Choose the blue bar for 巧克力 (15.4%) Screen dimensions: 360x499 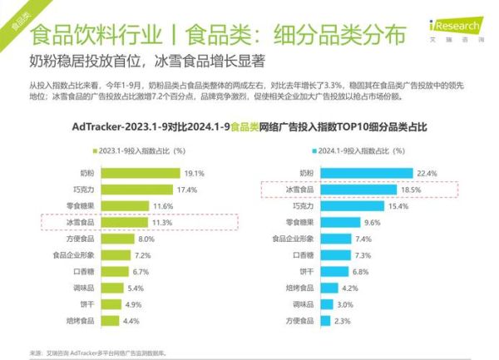[x=353, y=205]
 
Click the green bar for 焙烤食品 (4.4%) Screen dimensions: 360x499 [x=113, y=320]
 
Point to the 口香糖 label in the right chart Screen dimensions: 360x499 [x=304, y=254]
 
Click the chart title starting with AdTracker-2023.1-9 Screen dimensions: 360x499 [x=249, y=128]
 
